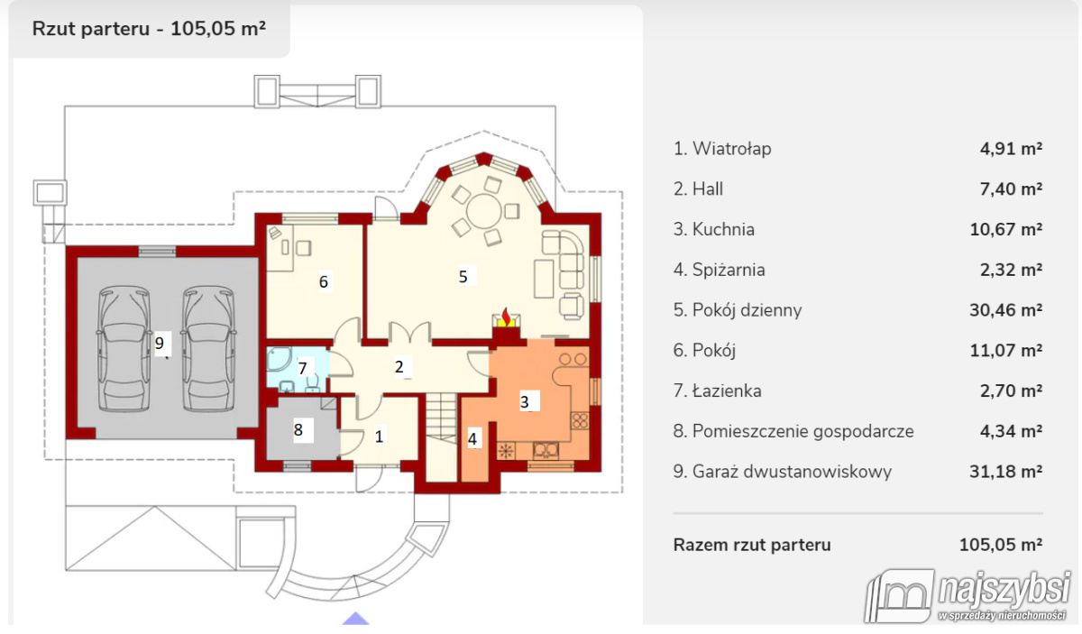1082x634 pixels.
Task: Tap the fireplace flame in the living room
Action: click(508, 317)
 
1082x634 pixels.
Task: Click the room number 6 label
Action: click(324, 282)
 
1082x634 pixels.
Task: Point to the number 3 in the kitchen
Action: click(525, 402)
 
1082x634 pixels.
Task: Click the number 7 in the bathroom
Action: click(303, 368)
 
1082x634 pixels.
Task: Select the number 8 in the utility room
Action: click(298, 430)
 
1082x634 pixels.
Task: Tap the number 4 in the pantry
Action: click(472, 439)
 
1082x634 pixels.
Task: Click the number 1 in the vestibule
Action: click(379, 436)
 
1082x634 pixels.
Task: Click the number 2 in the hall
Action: click(398, 366)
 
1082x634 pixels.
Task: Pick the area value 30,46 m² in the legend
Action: click(1011, 310)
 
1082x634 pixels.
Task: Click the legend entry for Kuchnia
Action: click(723, 229)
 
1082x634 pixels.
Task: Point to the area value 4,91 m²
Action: click(1011, 149)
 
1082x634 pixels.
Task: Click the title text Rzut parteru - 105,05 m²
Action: click(149, 28)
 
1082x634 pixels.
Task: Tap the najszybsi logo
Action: click(969, 595)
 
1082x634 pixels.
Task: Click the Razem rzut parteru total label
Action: click(752, 545)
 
